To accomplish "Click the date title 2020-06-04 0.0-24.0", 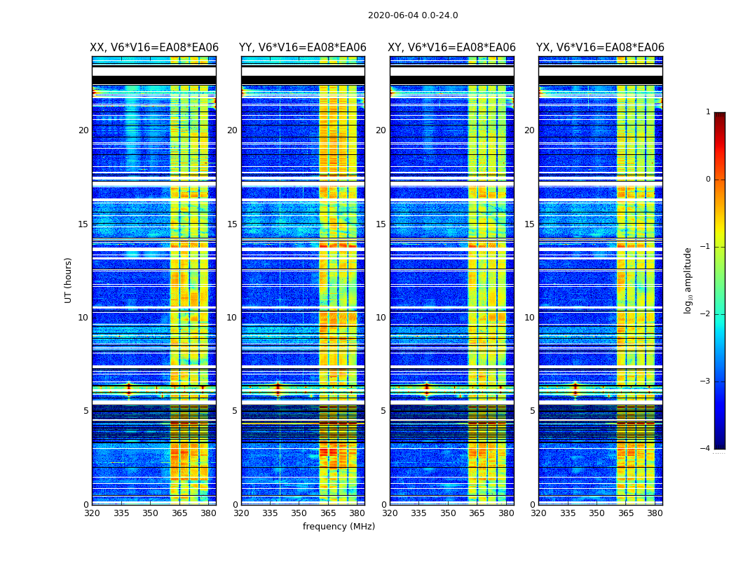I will point(413,15).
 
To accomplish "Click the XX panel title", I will point(154,48).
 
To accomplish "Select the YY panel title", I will point(303,48).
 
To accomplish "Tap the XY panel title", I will point(451,48).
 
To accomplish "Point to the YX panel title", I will point(600,48).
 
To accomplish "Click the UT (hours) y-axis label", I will point(69,280).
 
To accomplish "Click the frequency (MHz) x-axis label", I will point(339,527).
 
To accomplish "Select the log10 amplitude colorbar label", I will point(688,280).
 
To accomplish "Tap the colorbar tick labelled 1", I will point(707,112).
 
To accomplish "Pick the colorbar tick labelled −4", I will point(706,449).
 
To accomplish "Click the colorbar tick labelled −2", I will point(706,314).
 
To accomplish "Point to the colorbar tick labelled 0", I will point(707,180).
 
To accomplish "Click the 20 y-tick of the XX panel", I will point(83,130).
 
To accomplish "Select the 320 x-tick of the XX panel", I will point(92,513).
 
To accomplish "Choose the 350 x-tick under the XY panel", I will point(448,513).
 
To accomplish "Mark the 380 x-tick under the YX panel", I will point(655,513).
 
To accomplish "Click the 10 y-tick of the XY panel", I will point(381,318).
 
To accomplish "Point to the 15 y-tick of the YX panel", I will point(529,224).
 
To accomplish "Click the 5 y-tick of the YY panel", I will point(234,411).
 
